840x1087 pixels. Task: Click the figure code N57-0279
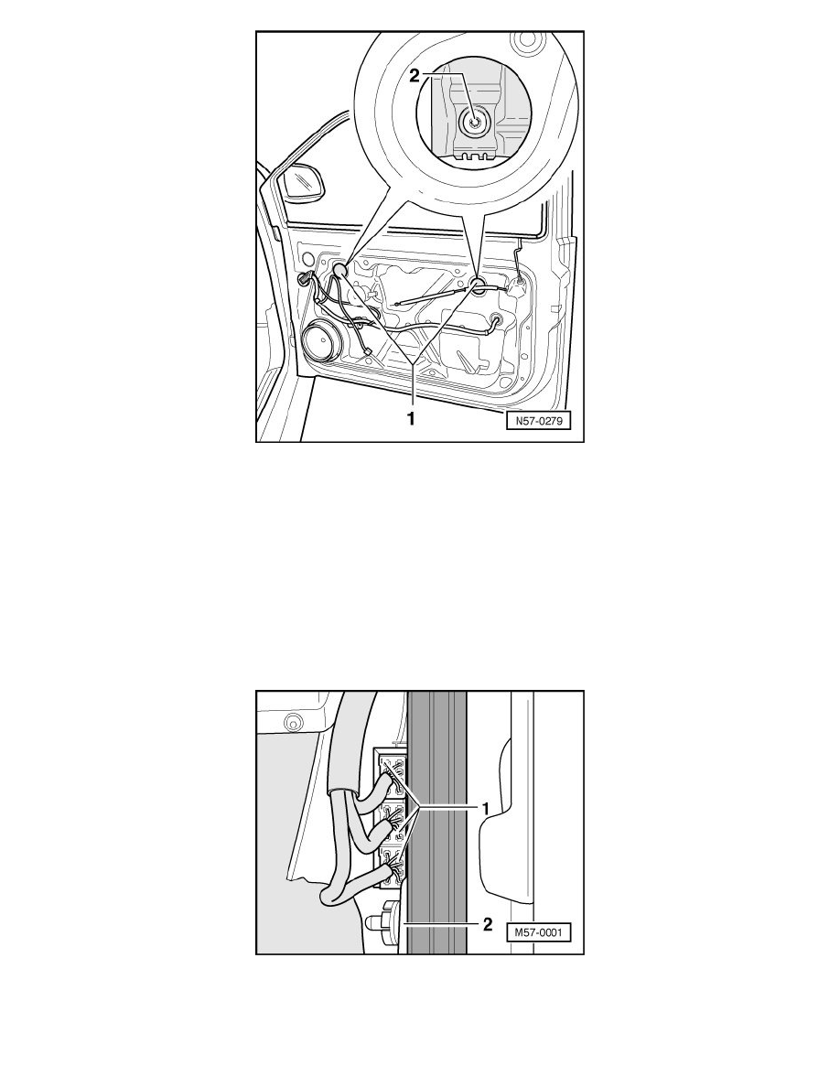coord(538,420)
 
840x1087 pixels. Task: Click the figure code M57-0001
coord(538,932)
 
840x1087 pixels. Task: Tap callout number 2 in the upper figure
coord(415,76)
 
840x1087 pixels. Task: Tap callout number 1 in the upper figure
coord(411,419)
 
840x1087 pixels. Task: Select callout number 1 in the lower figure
coord(487,808)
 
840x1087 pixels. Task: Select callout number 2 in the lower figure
coord(488,924)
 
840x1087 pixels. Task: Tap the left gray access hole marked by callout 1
coord(339,270)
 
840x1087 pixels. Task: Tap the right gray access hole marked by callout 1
coord(479,284)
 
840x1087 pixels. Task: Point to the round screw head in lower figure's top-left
coord(290,722)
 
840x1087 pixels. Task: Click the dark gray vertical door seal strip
coord(436,822)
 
